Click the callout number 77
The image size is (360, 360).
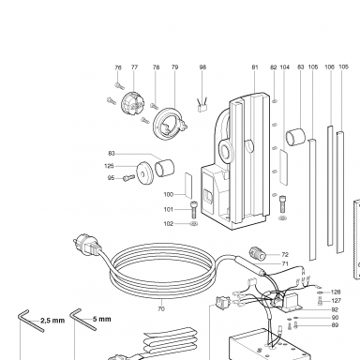pos(134,67)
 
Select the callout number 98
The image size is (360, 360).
pos(202,67)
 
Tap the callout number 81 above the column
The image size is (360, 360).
pos(255,67)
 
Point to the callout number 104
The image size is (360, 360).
pos(285,67)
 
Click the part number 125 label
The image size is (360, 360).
pos(110,166)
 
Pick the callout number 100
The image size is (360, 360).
pos(169,194)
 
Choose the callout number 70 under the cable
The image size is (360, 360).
pos(161,308)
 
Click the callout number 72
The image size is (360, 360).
pos(285,255)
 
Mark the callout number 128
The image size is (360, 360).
pos(336,292)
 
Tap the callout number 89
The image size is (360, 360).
pos(335,325)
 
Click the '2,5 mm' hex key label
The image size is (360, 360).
pos(52,321)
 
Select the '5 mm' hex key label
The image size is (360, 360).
pos(102,319)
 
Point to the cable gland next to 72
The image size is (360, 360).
pos(257,253)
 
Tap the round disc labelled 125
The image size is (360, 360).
pos(144,172)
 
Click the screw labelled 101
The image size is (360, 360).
pos(193,210)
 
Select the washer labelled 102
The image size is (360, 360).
pos(194,224)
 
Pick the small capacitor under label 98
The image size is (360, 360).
pos(202,105)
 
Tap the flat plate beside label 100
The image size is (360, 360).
pos(188,186)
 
